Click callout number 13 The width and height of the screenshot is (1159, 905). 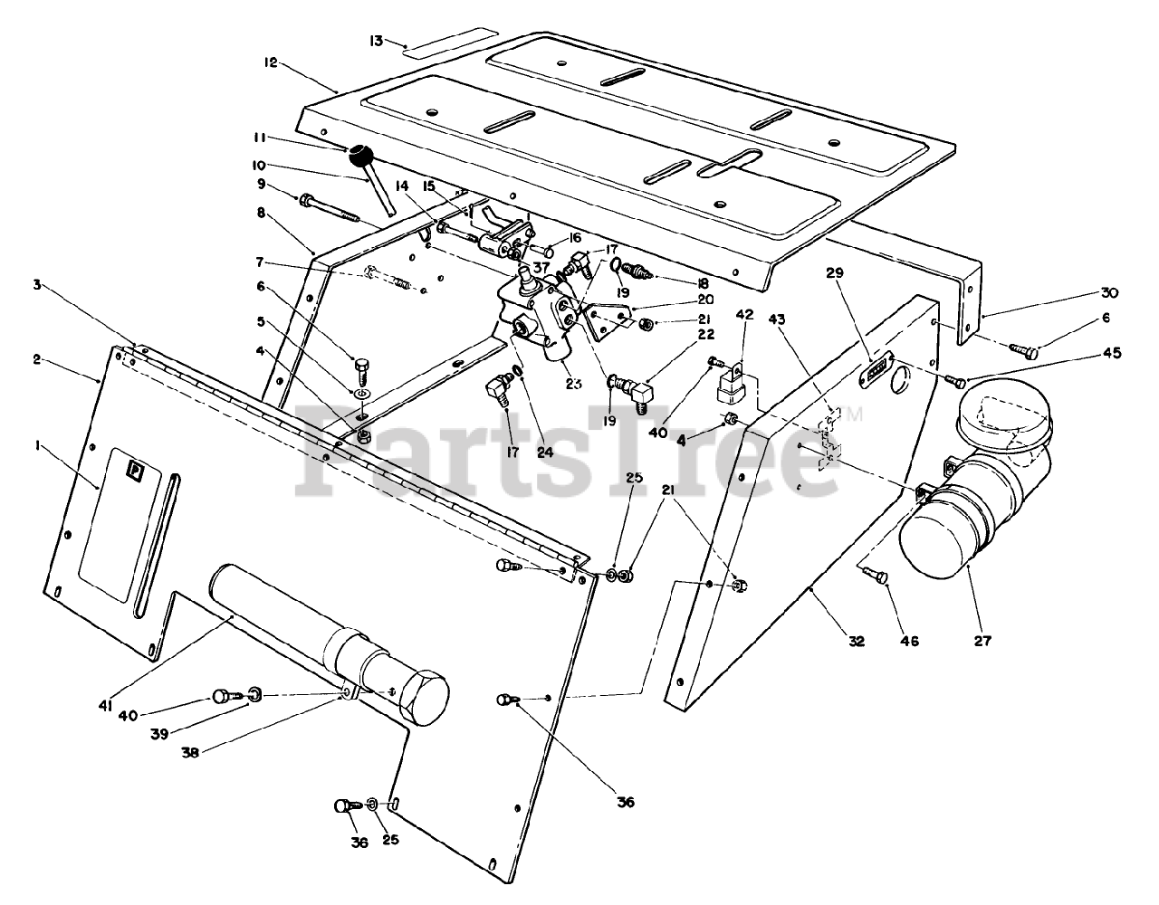pyautogui.click(x=378, y=40)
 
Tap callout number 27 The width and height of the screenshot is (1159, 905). pyautogui.click(x=983, y=641)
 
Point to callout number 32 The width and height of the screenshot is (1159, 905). pyautogui.click(x=856, y=641)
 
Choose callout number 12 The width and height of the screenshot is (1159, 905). pyautogui.click(x=270, y=63)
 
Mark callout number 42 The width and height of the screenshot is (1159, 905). pyautogui.click(x=743, y=314)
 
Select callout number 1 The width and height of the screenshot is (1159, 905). pyautogui.click(x=37, y=444)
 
